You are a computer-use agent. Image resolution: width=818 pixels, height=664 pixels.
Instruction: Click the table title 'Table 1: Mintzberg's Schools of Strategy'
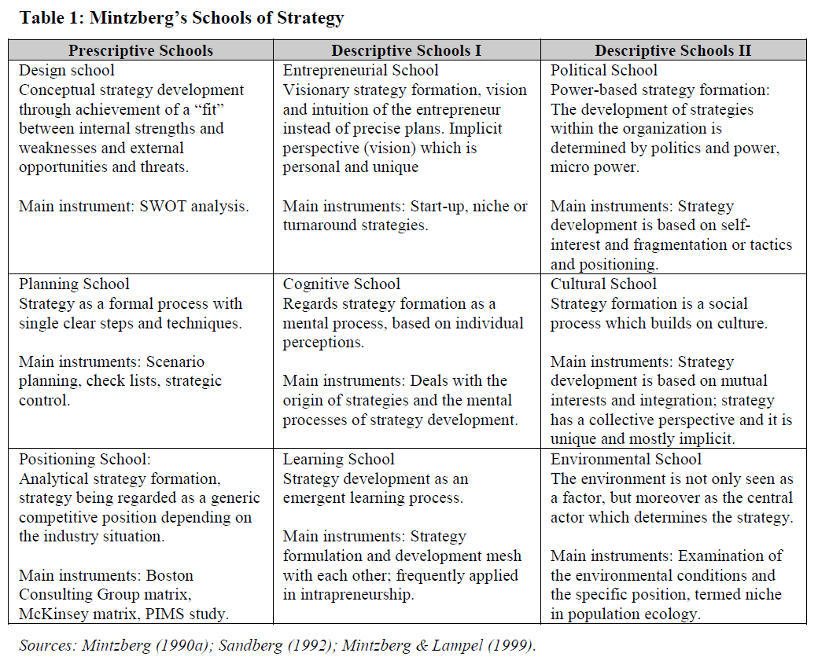pos(182,18)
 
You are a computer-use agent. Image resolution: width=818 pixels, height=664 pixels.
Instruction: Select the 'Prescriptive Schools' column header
pos(141,51)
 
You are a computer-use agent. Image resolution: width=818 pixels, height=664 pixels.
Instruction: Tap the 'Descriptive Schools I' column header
pos(407,51)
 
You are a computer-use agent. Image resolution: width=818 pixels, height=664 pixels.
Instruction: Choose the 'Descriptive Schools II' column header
pos(673,51)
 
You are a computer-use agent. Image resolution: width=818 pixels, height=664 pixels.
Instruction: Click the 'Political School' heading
pos(604,71)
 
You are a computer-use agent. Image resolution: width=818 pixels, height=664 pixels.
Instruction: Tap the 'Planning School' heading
pos(74,284)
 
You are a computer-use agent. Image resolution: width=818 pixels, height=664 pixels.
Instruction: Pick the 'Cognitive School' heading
pos(341,284)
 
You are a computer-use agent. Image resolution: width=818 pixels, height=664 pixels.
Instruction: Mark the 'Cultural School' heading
pos(603,284)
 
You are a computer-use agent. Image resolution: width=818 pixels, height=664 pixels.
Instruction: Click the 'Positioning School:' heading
pos(84,460)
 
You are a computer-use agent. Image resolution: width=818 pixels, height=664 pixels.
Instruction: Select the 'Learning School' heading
pos(339,460)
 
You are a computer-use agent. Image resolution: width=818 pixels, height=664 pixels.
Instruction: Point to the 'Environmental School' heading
pos(626,460)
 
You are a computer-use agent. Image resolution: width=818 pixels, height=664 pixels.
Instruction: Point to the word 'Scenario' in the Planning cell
pos(175,362)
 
